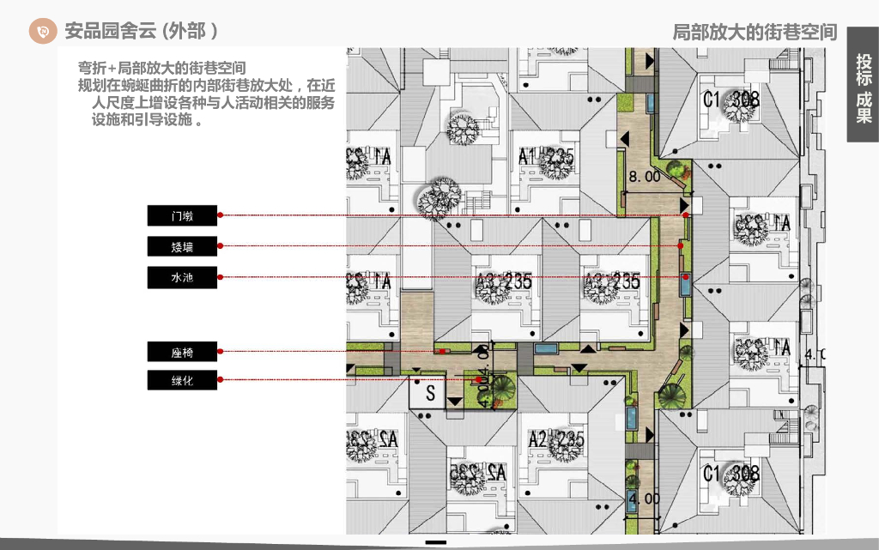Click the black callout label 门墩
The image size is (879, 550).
[x=182, y=215]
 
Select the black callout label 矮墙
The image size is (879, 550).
[x=182, y=247]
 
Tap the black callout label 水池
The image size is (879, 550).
[x=182, y=278]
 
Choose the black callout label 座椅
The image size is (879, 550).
[x=182, y=352]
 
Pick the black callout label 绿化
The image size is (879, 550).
[x=182, y=380]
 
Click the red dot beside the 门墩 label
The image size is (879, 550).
[x=221, y=215]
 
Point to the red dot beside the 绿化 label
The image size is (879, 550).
[x=221, y=380]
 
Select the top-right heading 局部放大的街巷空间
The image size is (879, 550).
[x=754, y=33]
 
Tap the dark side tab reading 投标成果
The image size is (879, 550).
[x=863, y=88]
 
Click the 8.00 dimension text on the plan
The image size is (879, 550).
[x=645, y=177]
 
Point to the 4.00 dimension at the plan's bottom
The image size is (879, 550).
[x=644, y=499]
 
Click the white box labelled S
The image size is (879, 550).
[x=430, y=395]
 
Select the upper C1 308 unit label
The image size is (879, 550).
[x=731, y=100]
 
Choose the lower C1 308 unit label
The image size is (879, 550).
[x=731, y=473]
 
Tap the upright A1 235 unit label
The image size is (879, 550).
[x=546, y=156]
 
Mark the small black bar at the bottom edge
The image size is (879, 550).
[x=436, y=543]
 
